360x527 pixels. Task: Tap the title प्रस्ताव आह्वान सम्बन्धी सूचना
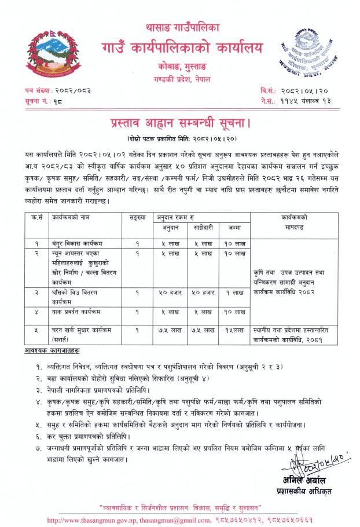point(180,123)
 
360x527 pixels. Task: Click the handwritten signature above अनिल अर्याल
point(301,464)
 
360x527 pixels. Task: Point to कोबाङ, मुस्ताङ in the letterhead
point(180,67)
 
